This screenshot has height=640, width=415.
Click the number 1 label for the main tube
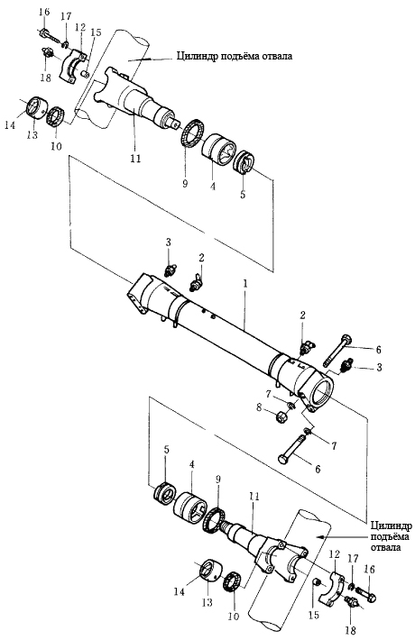pos(244,284)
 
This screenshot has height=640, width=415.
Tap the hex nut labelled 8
pos(282,416)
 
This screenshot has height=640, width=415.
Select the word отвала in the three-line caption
pos(386,546)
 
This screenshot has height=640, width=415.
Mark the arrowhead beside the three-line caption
pos(321,536)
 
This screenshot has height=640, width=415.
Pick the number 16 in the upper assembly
pos(44,12)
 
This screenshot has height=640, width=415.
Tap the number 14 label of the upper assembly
pos(10,125)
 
